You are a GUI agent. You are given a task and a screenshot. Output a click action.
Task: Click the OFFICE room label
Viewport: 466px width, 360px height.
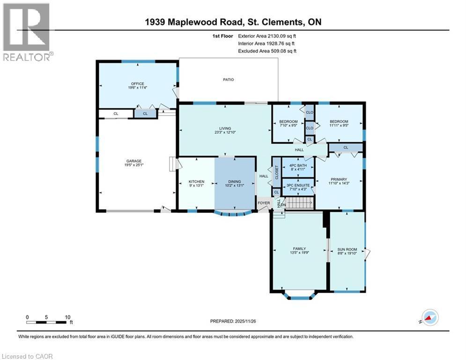[x=137, y=84]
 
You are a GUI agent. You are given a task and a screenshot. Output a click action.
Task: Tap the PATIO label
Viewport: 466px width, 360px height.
[x=228, y=80]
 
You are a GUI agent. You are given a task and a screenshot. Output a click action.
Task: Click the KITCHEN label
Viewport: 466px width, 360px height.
[x=196, y=181]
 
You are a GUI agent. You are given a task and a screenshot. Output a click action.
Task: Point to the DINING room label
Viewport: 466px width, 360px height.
[x=234, y=181]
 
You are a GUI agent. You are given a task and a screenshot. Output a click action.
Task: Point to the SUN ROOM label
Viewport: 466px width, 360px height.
[x=347, y=249]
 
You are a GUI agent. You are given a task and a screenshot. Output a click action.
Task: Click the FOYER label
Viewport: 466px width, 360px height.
[x=264, y=203]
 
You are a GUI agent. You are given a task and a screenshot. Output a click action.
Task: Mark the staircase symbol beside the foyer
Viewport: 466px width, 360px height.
[x=299, y=203]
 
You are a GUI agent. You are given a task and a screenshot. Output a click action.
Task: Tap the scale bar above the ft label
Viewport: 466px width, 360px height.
[x=46, y=322]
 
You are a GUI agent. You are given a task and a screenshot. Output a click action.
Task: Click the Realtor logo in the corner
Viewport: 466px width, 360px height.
[x=26, y=32]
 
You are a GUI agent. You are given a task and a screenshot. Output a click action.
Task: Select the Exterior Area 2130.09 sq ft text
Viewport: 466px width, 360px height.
[x=267, y=36]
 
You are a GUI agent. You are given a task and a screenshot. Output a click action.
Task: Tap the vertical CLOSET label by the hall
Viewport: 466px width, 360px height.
[x=276, y=172]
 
